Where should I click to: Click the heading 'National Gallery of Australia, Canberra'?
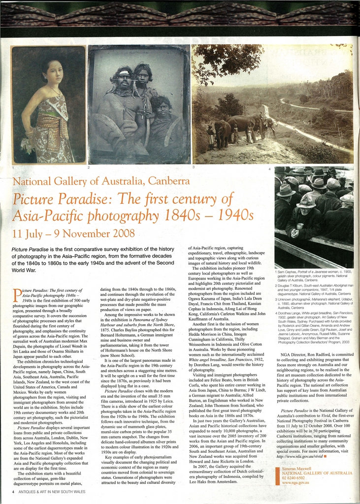pyautogui.click(x=101, y=181)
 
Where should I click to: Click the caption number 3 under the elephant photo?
pyautogui.click(x=194, y=167)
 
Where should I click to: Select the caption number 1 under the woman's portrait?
pyautogui.click(x=13, y=167)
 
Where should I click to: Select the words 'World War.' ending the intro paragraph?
pyautogui.click(x=24, y=270)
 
